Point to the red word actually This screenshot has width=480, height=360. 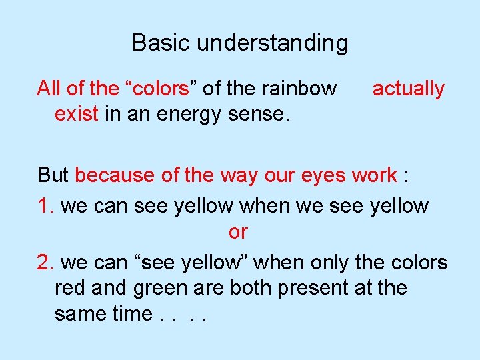coord(408,89)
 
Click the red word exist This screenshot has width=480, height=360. coord(77,114)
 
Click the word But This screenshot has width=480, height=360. coord(53,175)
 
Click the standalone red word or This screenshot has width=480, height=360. coord(238,232)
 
